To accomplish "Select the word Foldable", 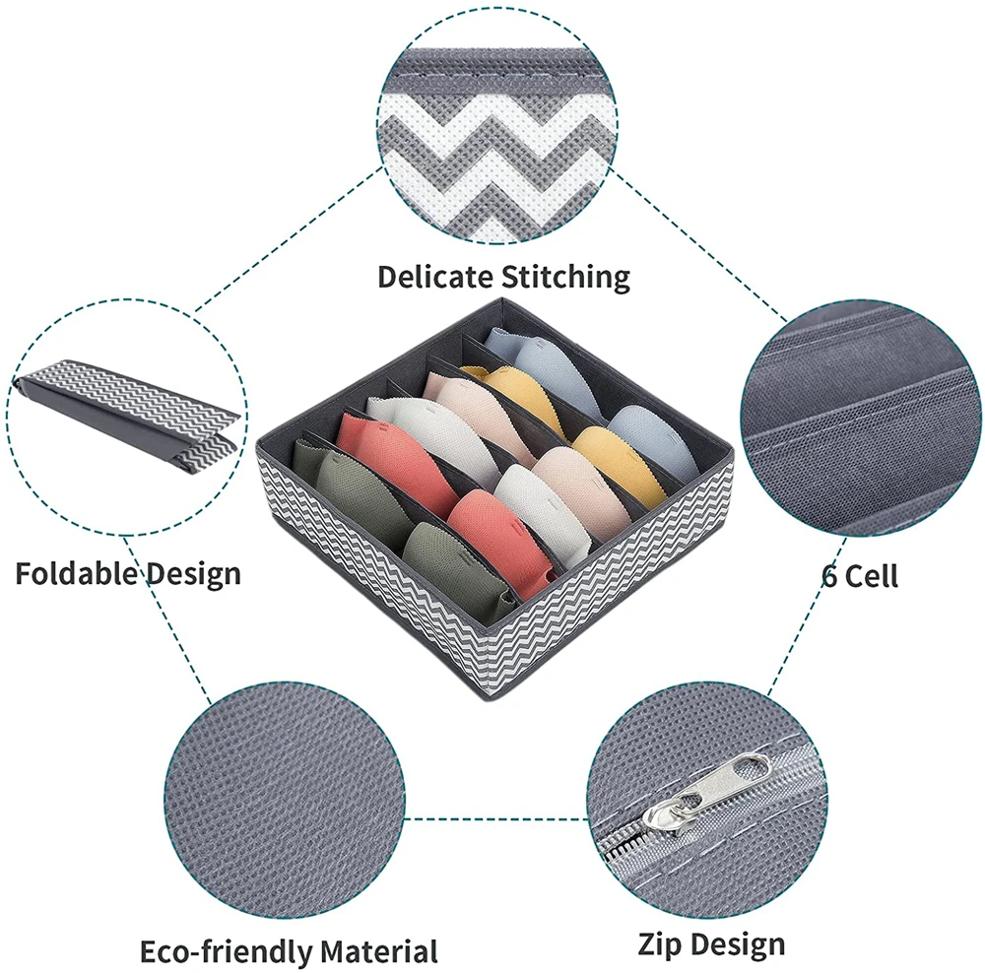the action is point(73,572).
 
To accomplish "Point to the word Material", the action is point(378,951).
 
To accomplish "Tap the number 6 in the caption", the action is point(831,575).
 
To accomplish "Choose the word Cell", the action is point(872,575).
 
